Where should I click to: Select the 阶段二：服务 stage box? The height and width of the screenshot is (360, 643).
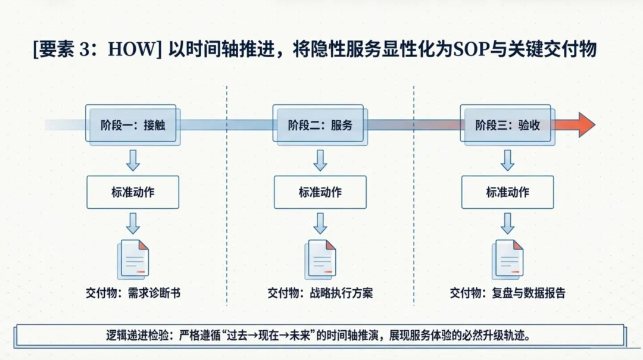[320, 125]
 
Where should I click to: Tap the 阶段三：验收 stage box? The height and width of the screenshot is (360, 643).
[507, 125]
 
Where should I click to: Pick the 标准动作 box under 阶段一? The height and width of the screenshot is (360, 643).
[133, 192]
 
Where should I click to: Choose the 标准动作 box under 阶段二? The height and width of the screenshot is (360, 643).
[320, 192]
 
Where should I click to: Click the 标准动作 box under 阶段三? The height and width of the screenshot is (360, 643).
[507, 192]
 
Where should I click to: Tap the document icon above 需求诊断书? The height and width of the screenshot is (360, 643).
[134, 259]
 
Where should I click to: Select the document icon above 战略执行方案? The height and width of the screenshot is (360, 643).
[321, 259]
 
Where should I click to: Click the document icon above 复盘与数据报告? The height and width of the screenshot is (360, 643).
[508, 259]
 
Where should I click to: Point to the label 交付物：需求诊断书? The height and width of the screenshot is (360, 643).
[132, 293]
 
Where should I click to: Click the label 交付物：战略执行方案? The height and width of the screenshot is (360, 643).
[320, 293]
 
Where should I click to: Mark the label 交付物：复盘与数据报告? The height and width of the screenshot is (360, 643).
[508, 293]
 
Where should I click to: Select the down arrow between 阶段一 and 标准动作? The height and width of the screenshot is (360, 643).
[133, 160]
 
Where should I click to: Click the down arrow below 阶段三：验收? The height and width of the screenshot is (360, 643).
[507, 160]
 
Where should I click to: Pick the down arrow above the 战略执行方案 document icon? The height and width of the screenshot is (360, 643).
[320, 223]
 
